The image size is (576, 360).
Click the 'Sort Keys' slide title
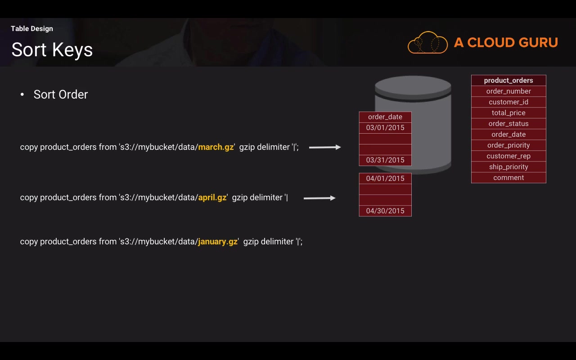(52, 49)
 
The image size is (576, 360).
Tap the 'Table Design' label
(32, 29)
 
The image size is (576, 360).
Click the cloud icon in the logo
(427, 43)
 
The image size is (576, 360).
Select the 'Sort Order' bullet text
(61, 94)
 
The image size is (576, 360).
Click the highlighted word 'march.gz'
(216, 147)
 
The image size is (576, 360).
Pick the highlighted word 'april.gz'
(212, 198)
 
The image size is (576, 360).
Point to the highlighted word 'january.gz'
(218, 242)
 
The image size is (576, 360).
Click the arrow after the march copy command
(325, 147)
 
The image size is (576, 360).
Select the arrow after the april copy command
(319, 198)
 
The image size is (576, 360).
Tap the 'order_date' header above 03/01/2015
(385, 117)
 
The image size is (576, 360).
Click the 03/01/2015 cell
(385, 128)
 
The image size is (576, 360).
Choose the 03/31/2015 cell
(385, 160)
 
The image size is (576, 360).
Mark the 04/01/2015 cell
(385, 179)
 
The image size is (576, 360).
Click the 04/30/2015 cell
(385, 211)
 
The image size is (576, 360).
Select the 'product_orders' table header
(508, 81)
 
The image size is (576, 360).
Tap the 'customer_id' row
(508, 102)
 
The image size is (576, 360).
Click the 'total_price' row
(508, 113)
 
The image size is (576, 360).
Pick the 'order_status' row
(508, 124)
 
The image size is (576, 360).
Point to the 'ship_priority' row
(508, 167)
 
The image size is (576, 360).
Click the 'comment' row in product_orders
(508, 178)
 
